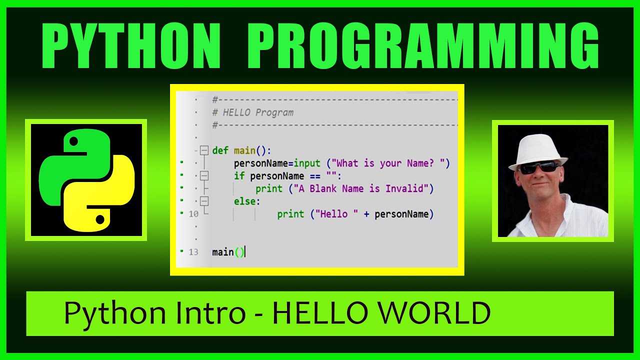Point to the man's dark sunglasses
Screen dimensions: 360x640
coord(539,167)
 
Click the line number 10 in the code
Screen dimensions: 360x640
coord(193,214)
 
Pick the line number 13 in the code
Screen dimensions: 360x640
coord(193,252)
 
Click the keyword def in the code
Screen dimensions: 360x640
coord(220,150)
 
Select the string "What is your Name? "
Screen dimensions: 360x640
coord(392,163)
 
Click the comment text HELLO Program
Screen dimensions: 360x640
coord(258,112)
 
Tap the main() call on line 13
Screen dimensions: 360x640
coord(228,252)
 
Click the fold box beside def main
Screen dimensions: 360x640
coord(203,150)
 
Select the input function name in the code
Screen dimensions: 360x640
coord(307,163)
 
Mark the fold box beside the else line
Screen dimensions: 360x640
coord(203,201)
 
